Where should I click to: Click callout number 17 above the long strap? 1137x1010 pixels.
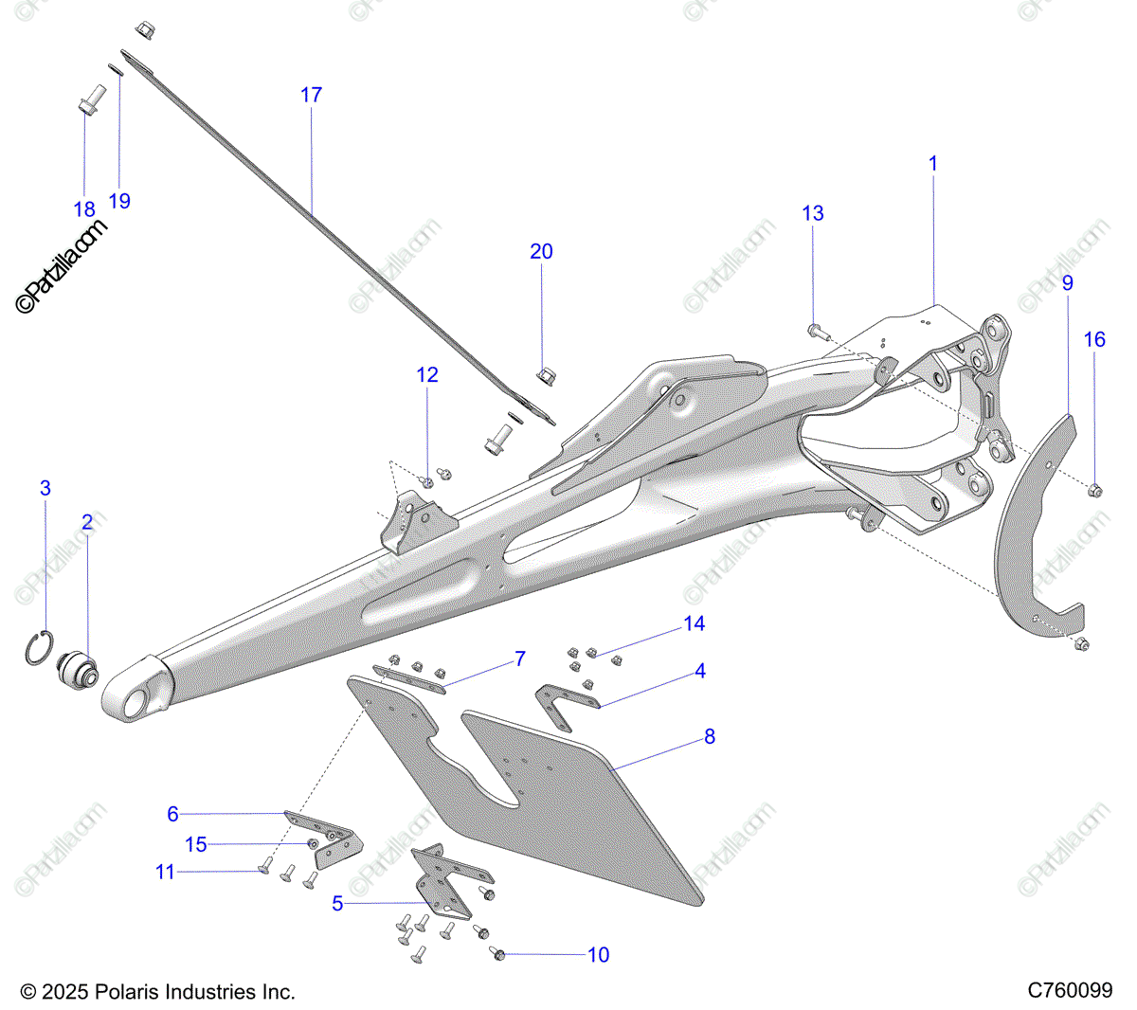(311, 95)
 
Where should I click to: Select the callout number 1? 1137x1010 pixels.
(932, 164)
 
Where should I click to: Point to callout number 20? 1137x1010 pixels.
(541, 251)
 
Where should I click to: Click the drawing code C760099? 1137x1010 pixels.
(1070, 991)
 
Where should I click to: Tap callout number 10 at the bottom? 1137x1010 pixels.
(599, 955)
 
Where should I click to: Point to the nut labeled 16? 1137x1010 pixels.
(1093, 490)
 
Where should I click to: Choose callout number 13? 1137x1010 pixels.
(813, 213)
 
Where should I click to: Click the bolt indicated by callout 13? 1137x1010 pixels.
(816, 332)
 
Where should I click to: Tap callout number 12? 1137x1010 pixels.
(427, 375)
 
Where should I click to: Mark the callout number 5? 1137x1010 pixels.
(337, 904)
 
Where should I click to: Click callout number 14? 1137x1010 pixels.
(695, 623)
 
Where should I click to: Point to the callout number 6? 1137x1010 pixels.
(172, 814)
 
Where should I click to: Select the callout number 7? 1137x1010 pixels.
(520, 658)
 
